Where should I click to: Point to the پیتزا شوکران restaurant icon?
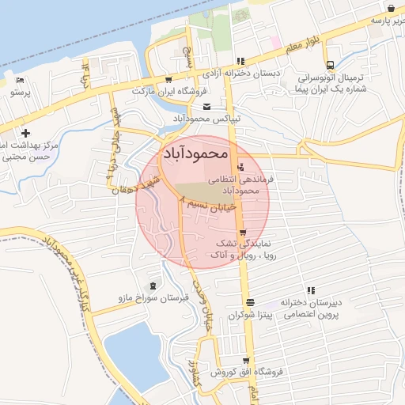coord(250,303)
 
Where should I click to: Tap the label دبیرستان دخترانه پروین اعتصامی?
coord(312,308)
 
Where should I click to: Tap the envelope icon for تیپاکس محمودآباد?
coord(206,108)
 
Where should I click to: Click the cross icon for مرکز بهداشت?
coord(26,132)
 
